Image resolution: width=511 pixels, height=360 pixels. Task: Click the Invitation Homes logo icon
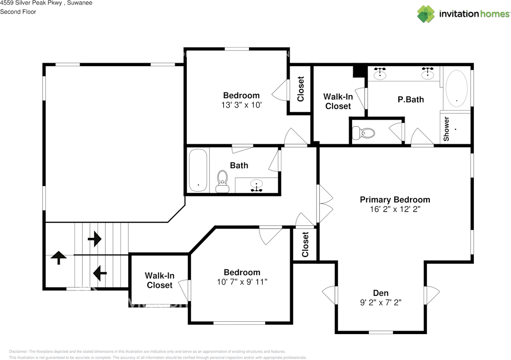click(x=426, y=14)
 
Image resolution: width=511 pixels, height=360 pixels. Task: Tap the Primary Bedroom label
click(x=395, y=200)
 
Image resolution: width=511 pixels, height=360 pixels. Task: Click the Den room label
click(x=380, y=293)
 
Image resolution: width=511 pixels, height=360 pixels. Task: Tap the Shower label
click(x=446, y=129)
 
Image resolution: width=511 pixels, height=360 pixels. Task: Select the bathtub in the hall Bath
click(x=198, y=170)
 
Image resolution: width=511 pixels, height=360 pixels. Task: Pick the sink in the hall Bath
click(x=256, y=185)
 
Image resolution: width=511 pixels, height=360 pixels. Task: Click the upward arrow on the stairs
click(x=59, y=257)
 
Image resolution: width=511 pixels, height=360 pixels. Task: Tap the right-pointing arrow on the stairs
click(x=95, y=239)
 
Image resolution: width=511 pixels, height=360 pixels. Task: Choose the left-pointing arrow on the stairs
click(x=99, y=273)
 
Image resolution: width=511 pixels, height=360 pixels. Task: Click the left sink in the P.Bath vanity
click(x=380, y=74)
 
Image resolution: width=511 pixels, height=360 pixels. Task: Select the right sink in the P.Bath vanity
click(x=428, y=73)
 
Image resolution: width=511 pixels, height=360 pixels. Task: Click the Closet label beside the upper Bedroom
click(x=301, y=89)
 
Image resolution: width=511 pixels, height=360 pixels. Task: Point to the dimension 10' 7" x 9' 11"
click(x=242, y=282)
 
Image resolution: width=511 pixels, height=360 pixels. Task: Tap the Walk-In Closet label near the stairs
click(x=159, y=280)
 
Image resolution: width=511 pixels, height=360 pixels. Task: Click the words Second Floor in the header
click(x=18, y=12)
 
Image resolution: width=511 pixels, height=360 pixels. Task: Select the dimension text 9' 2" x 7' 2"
click(x=380, y=303)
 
